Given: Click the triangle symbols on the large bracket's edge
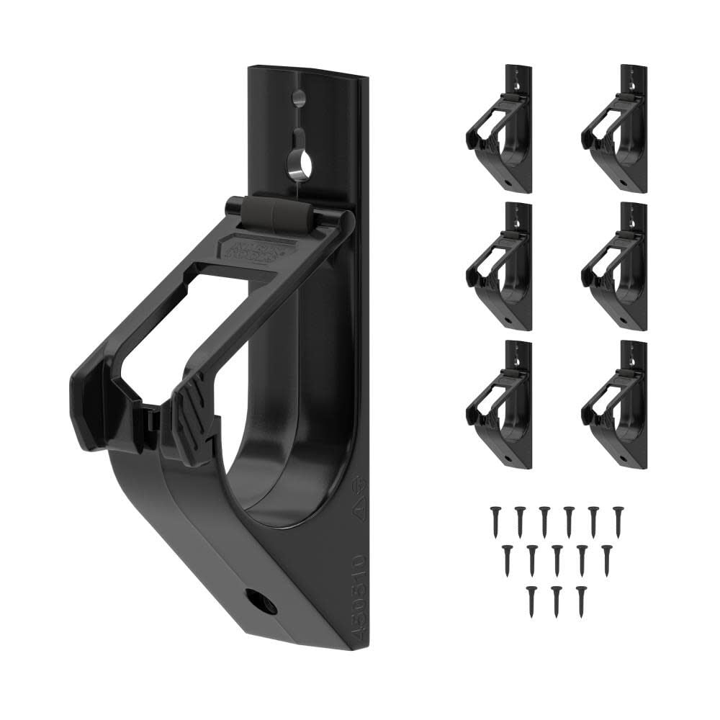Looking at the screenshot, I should coord(357,493).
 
